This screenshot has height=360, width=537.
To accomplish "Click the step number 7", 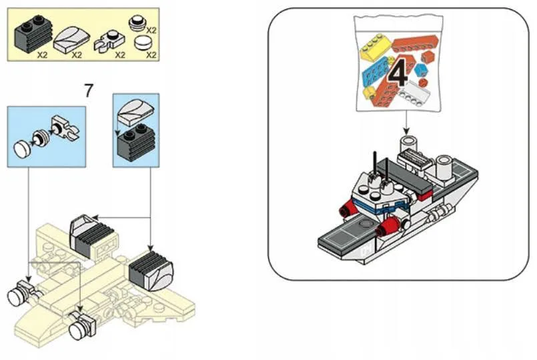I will (x=88, y=90).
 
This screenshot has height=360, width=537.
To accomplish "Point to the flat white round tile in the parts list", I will (x=141, y=45).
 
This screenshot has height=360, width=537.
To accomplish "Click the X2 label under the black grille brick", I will (x=43, y=55).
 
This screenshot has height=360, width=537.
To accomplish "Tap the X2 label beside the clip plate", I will (x=120, y=55).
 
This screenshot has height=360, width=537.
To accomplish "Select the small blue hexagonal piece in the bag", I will (x=421, y=69).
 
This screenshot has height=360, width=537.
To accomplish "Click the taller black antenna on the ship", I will (x=374, y=163).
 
